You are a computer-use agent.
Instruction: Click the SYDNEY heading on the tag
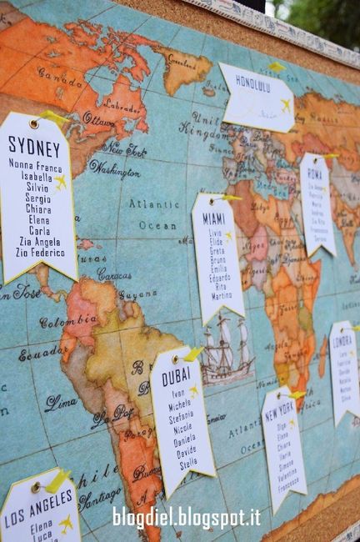click(34, 147)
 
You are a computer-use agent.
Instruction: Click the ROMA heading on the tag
click(314, 174)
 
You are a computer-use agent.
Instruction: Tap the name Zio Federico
click(40, 252)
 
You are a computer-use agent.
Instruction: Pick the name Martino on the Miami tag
click(222, 295)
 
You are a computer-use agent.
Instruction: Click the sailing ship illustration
click(226, 349)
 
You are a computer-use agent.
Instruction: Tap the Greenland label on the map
click(182, 62)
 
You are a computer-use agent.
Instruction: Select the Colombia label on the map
click(68, 322)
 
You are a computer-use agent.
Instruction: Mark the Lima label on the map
click(60, 403)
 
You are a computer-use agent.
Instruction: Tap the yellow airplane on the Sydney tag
click(61, 182)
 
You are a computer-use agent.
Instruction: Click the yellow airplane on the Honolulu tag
click(285, 106)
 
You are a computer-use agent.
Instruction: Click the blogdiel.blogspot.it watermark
click(186, 517)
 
